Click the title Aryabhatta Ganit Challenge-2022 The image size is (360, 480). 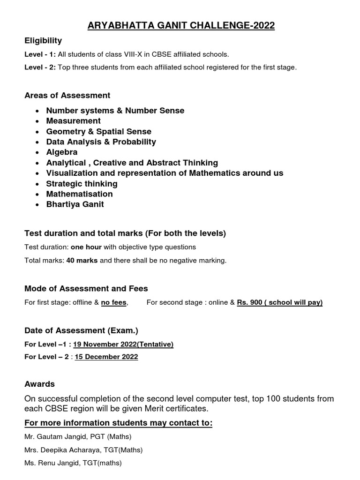[x=180, y=26]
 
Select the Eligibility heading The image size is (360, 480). [x=43, y=41]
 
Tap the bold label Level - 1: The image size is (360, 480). [x=40, y=54]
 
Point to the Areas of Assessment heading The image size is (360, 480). [x=67, y=95]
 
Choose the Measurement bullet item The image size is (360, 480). [x=73, y=121]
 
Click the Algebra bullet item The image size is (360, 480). [x=62, y=152]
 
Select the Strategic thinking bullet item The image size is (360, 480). [x=82, y=183]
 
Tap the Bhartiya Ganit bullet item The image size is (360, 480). [x=75, y=204]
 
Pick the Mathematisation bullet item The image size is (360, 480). [x=79, y=194]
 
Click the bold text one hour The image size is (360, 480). [x=86, y=247]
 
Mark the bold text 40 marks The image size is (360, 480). [x=82, y=261]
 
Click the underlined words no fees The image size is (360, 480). [x=113, y=303]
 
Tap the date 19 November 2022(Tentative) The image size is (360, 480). [x=123, y=345]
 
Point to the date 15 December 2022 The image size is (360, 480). [x=105, y=357]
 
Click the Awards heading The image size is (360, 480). [x=39, y=384]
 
